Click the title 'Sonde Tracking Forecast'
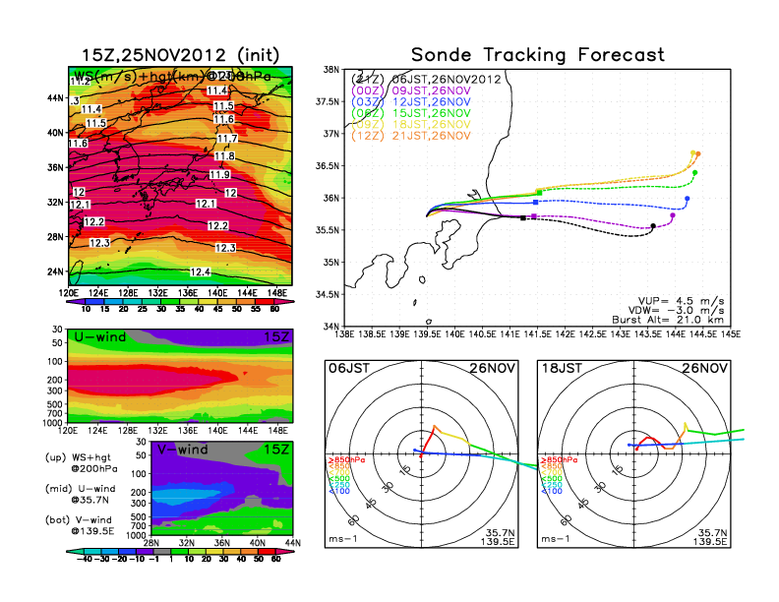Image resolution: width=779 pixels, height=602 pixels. (x=537, y=54)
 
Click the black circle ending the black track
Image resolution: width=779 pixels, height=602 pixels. (x=653, y=226)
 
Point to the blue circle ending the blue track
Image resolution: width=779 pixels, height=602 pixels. (x=687, y=199)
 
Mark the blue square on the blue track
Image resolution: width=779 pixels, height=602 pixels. (x=534, y=202)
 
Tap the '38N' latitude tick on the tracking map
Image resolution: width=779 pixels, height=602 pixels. (x=332, y=70)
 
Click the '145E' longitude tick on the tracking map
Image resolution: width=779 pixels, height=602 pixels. (x=729, y=334)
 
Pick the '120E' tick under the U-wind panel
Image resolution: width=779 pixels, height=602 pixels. (x=69, y=430)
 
